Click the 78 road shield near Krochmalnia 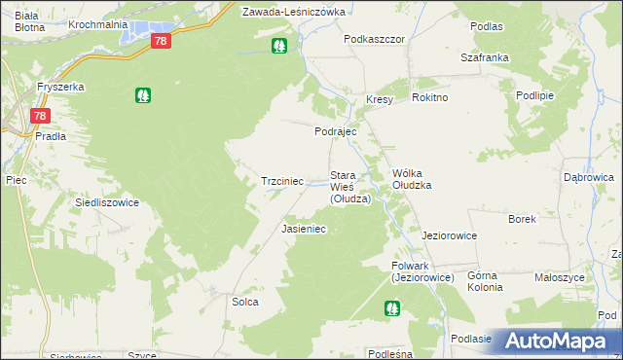point(162,41)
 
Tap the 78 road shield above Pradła point(39,116)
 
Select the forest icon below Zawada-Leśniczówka point(279,45)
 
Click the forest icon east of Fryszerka point(143,95)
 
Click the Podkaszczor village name point(374,39)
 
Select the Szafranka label point(484,57)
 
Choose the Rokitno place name point(429,98)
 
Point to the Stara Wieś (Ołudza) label point(349,187)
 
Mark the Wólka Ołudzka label point(411,178)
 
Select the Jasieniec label point(303,230)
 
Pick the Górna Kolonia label point(485,281)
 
